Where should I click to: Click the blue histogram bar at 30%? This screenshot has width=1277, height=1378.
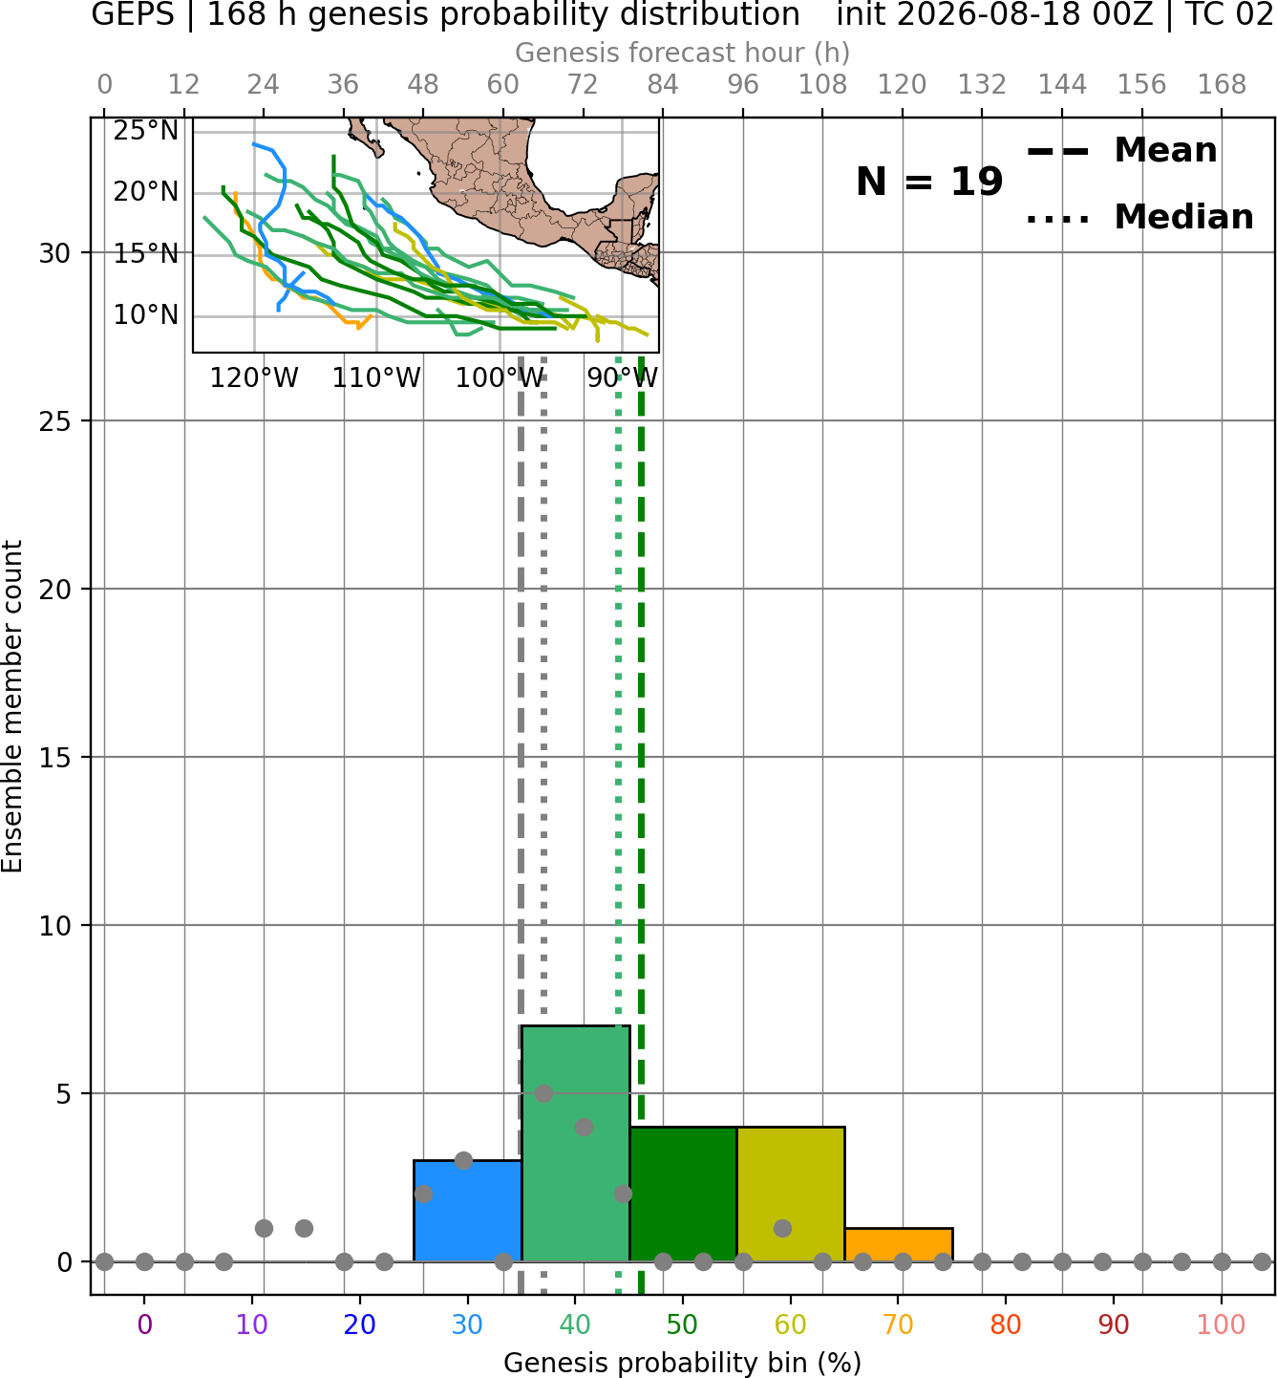coord(467,1211)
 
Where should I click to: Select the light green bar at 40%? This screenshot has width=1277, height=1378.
coord(576,1144)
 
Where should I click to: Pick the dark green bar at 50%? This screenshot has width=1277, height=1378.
coord(683,1195)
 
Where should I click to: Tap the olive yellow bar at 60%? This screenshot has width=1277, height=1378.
coord(791,1195)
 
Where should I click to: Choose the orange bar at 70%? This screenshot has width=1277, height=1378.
coord(899,1245)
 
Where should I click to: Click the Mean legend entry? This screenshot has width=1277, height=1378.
coord(1121,150)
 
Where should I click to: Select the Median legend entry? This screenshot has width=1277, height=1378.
coord(1139,217)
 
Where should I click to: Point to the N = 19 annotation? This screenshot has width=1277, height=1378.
coord(929,182)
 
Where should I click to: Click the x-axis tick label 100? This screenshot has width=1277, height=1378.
coord(1222,1324)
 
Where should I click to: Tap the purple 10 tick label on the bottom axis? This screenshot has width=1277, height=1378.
coord(252,1324)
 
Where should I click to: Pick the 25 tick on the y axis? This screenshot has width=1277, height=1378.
coord(55,421)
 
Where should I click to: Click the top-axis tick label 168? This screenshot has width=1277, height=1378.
coord(1222,85)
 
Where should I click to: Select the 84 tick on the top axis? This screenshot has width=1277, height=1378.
coord(663,85)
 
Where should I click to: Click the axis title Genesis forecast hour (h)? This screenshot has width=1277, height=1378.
coord(683,53)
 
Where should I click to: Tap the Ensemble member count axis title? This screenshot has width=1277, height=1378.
coord(12,706)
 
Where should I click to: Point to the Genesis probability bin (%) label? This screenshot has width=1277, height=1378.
coord(683,1363)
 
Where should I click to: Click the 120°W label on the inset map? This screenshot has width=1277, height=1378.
coord(254,378)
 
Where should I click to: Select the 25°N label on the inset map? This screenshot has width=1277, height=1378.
coord(146,131)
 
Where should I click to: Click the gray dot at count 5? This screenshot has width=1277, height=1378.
coord(543,1093)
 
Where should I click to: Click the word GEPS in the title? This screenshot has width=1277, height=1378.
coord(133,14)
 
